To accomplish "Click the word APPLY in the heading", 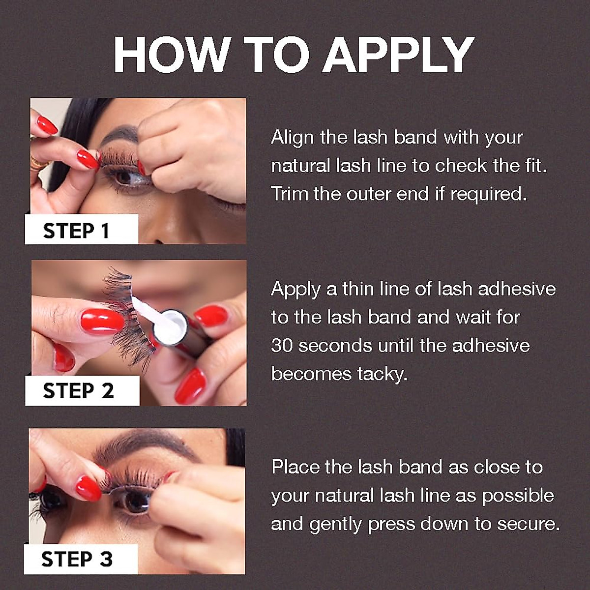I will tap(398, 55).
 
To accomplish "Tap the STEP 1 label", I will tap(76, 231).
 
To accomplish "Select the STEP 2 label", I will tap(78, 391).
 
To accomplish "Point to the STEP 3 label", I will tap(77, 559).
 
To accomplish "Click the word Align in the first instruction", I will tap(292, 138).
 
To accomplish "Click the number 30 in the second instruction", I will tap(282, 346).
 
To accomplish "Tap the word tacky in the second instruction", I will tap(383, 374).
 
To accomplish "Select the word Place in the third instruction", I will tap(295, 467).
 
